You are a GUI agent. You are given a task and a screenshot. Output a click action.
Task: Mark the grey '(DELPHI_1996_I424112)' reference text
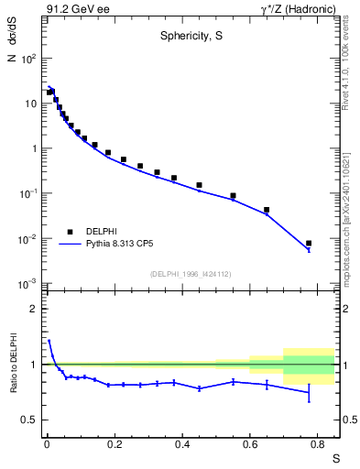click(x=190, y=274)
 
